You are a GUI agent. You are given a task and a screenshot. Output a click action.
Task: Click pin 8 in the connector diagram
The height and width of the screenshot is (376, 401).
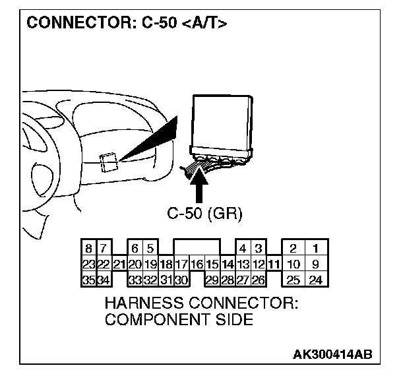pos(88,250)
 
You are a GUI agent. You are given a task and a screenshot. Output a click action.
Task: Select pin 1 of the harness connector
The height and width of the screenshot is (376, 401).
pos(317,250)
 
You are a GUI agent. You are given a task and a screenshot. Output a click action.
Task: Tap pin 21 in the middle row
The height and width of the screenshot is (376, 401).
pos(119,265)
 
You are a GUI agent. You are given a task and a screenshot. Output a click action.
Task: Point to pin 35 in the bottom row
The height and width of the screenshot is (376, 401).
pos(88,280)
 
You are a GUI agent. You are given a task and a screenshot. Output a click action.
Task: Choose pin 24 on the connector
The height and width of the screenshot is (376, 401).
pos(317,280)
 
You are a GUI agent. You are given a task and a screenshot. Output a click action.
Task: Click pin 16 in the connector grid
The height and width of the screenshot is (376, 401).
pos(196,265)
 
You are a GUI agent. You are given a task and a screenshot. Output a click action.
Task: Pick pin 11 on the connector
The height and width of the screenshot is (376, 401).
pos(273,265)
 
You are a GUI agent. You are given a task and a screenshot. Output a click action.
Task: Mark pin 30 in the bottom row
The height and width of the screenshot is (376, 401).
pos(181,280)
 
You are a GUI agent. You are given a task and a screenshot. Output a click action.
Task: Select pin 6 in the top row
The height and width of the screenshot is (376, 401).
pos(135,250)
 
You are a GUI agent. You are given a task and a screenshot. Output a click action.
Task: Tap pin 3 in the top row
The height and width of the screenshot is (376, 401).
pos(258,250)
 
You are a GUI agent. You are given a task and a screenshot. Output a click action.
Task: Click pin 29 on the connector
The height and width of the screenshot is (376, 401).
pos(211,280)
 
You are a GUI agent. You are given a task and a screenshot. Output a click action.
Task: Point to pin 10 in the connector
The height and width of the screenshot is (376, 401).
pos(293,265)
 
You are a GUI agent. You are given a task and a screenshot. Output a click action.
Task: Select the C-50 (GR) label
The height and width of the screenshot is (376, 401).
pos(204,213)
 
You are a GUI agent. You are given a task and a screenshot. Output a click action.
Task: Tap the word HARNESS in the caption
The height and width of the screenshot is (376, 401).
pos(146,305)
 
